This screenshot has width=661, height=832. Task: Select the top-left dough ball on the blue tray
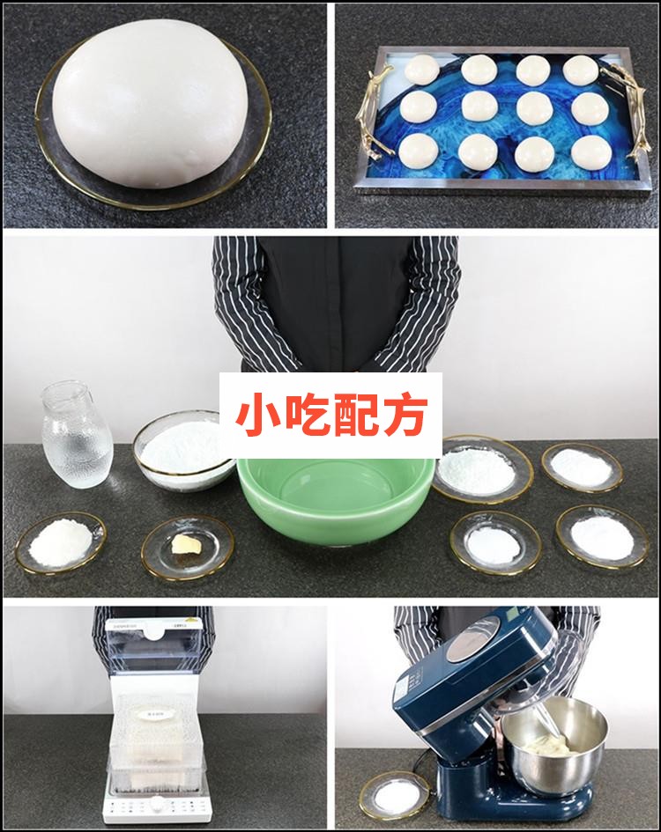420,68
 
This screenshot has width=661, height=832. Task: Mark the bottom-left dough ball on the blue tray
418,151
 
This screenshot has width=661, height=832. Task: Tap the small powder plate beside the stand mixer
394,796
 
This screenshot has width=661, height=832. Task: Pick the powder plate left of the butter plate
60,541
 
